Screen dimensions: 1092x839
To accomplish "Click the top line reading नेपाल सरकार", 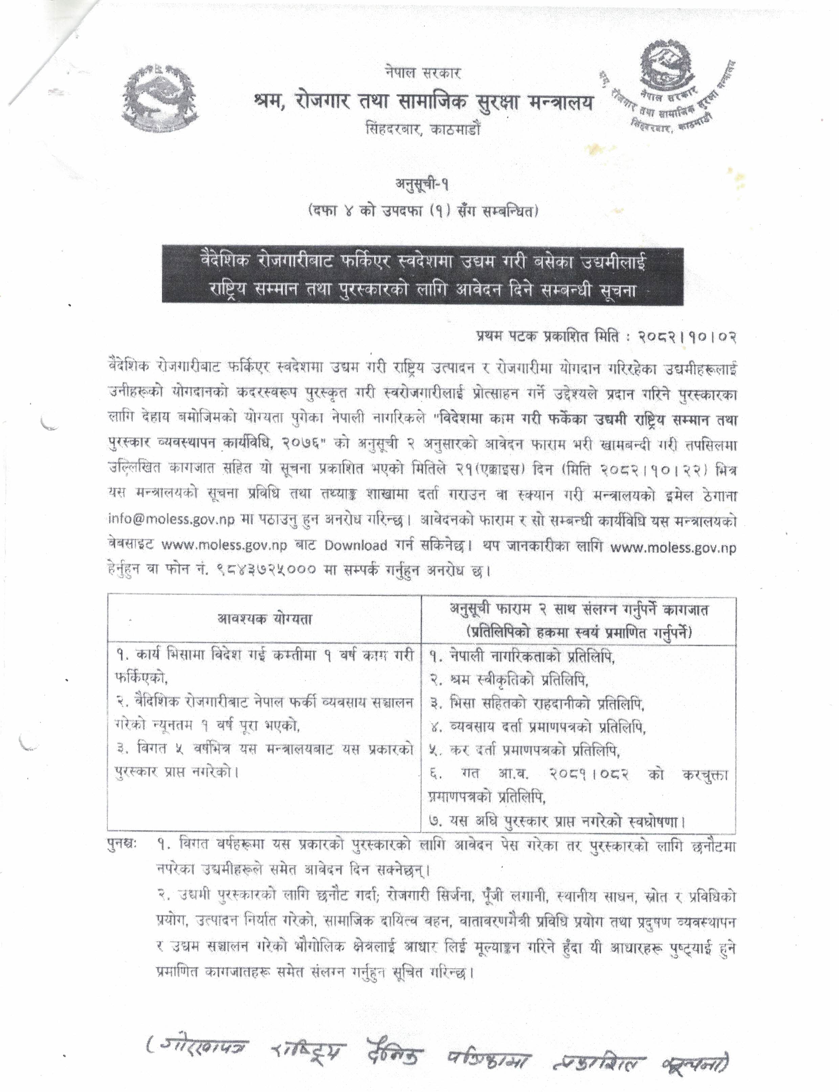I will pyautogui.click(x=422, y=73).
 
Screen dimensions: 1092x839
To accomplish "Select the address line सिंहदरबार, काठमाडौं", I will pyautogui.click(x=422, y=130).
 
